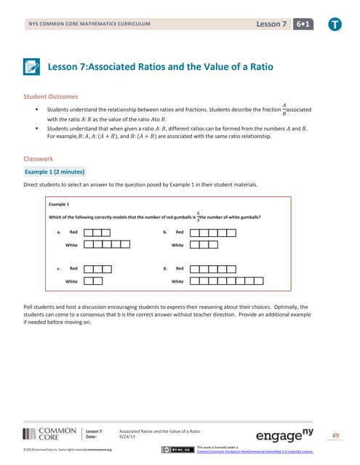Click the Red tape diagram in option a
[x=97, y=232]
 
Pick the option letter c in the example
[x=57, y=268]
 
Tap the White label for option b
[x=177, y=245]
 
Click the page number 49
[x=335, y=435]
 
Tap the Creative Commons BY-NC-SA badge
[x=178, y=450]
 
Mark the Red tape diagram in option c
[x=97, y=268]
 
